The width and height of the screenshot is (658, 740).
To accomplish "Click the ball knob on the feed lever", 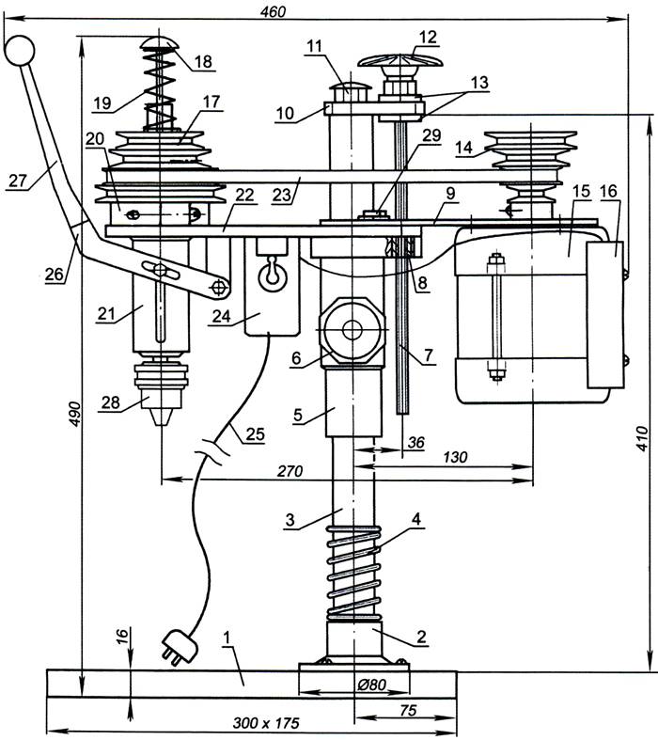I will pos(18,50).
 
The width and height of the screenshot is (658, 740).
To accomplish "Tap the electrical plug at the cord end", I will pos(177,648).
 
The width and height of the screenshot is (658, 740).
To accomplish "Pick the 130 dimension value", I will pos(454,455).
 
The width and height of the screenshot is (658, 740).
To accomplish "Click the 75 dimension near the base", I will pos(407,711).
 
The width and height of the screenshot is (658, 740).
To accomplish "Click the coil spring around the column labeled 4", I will pos(354,574).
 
